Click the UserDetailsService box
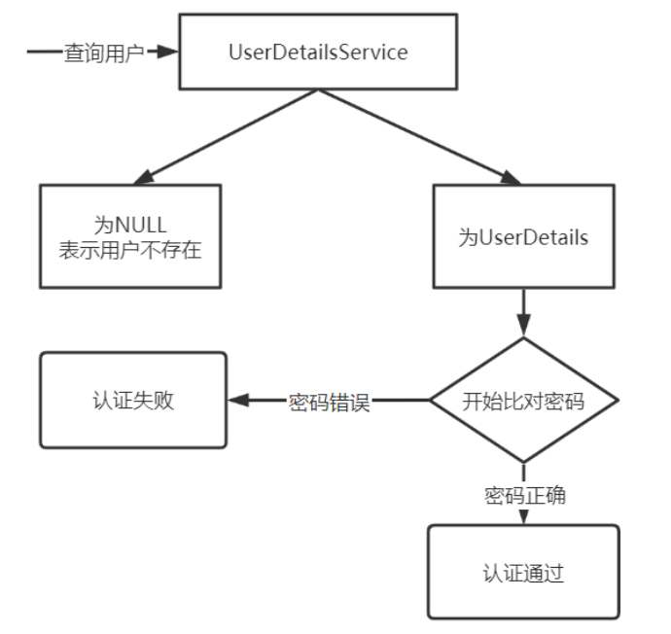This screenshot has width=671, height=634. (318, 52)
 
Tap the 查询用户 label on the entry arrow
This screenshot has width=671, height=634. (103, 53)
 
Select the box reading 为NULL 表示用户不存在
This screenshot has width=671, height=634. (130, 236)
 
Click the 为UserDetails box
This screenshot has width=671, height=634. (523, 236)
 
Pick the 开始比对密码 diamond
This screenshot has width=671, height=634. (523, 400)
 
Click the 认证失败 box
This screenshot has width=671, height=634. (133, 400)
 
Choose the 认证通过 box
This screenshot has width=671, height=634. (523, 573)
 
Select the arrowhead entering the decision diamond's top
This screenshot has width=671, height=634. (523, 328)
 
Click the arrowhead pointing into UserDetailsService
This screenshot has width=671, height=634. (169, 53)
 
